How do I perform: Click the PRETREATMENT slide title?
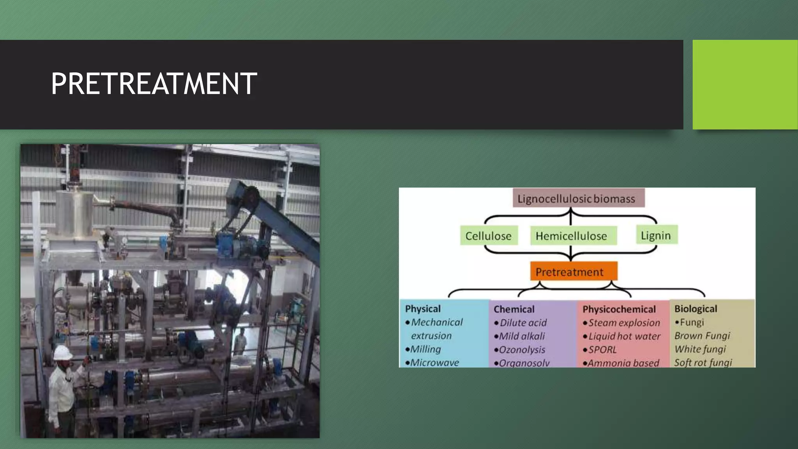(x=154, y=84)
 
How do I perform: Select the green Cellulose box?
(x=489, y=236)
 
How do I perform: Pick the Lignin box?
(x=656, y=235)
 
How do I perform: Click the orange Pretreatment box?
(x=573, y=272)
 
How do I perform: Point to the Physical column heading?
(x=423, y=309)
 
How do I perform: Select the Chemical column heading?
(x=514, y=309)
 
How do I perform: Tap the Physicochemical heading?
(x=619, y=309)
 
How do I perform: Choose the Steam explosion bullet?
(x=624, y=323)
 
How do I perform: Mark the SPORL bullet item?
(x=602, y=350)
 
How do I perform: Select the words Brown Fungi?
(x=702, y=336)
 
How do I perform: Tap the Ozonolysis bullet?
(x=522, y=350)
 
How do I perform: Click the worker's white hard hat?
(x=62, y=353)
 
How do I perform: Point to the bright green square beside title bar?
(x=745, y=84)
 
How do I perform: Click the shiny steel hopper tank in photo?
(x=74, y=212)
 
